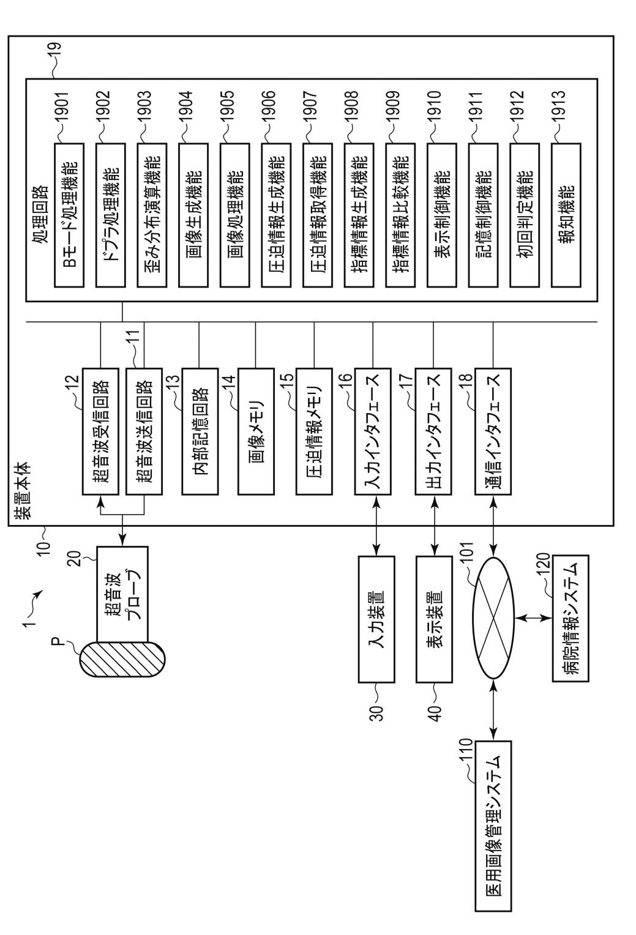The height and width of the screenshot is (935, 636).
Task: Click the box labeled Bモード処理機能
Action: tap(69, 215)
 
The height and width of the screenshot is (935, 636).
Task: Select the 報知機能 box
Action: tap(566, 215)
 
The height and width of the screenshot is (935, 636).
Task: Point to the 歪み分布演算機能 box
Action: tap(152, 215)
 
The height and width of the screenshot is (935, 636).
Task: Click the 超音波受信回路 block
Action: tap(100, 431)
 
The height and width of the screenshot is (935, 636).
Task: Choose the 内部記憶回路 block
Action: tap(200, 431)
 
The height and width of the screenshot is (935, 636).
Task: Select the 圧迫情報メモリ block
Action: tap(314, 431)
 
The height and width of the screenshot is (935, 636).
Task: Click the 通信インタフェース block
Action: tap(493, 431)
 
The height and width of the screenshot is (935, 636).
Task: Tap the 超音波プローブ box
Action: tap(122, 594)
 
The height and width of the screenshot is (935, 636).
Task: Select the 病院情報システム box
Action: tap(571, 618)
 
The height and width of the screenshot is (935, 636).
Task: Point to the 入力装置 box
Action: tap(376, 619)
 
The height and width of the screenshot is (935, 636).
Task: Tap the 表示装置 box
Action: tap(434, 619)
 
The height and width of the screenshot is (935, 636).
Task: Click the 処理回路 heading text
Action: tap(41, 214)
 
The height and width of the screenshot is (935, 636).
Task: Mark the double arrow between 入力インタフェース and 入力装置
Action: tap(376, 526)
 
